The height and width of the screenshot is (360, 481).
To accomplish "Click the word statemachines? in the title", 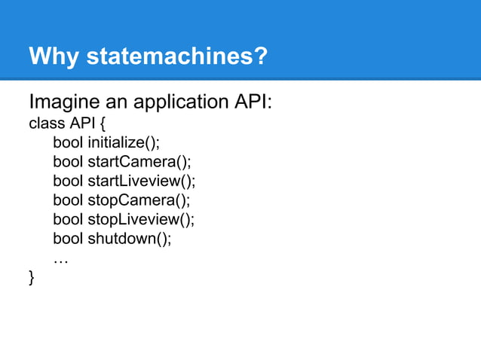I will coord(176,56).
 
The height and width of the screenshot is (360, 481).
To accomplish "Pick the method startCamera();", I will coord(138,161).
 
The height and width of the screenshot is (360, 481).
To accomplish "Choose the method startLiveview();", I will coord(141,181).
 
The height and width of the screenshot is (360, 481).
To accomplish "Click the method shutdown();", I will coord(130,239).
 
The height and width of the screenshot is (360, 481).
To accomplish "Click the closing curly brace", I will coord(32,279).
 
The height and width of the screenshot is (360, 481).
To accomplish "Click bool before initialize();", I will coord(68,142).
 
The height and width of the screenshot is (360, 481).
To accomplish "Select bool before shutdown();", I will coord(68,239).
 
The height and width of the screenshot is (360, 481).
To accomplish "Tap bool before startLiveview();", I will coord(68,181).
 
